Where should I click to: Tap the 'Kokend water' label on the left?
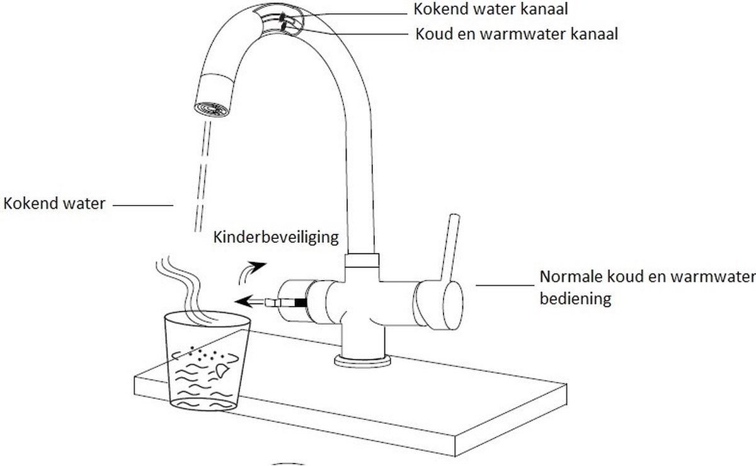pyautogui.click(x=54, y=204)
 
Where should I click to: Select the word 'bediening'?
pyautogui.click(x=576, y=299)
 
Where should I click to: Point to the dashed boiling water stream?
pyautogui.click(x=200, y=177)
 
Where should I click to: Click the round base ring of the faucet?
pyautogui.click(x=363, y=361)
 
